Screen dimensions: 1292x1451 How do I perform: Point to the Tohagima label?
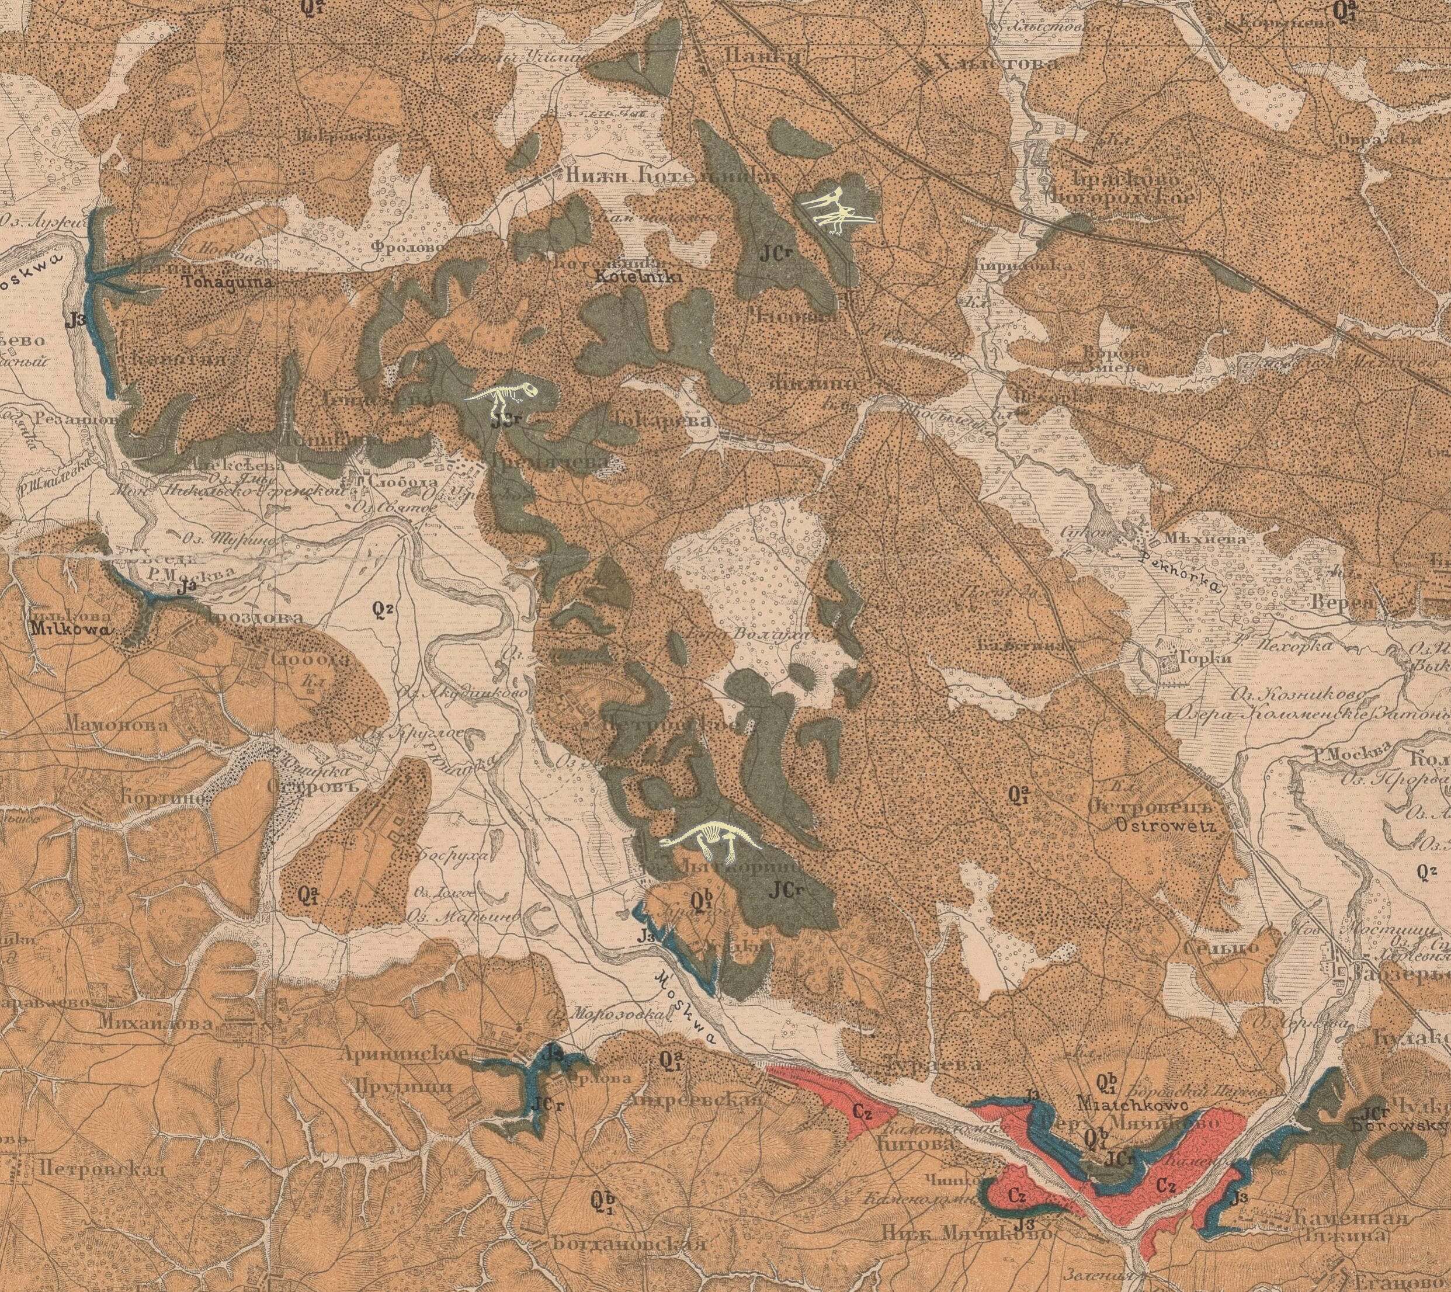coord(218,282)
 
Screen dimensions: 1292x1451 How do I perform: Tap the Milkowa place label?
coord(73,629)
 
